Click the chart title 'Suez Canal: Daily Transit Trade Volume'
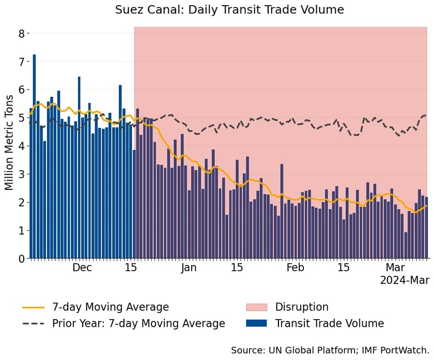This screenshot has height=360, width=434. (229, 10)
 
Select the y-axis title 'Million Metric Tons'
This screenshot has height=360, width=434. (9, 143)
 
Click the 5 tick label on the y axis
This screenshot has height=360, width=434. (22, 118)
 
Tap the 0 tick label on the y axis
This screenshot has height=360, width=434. (22, 259)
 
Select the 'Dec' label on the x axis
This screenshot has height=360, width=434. (82, 267)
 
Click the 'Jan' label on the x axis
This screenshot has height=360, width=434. (189, 267)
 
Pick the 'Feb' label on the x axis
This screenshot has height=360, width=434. (295, 267)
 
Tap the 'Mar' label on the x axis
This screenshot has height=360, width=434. (395, 267)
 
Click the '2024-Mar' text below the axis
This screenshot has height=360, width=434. (404, 280)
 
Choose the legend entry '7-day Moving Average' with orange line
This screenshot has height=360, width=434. (111, 307)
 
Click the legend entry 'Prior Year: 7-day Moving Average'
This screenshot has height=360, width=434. (138, 324)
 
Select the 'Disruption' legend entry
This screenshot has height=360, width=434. (302, 307)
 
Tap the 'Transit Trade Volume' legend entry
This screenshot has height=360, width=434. (330, 324)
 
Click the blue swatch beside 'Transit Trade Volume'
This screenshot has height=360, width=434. (256, 324)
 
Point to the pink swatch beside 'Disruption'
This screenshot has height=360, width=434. (256, 307)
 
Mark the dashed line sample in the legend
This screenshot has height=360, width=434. (33, 324)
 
